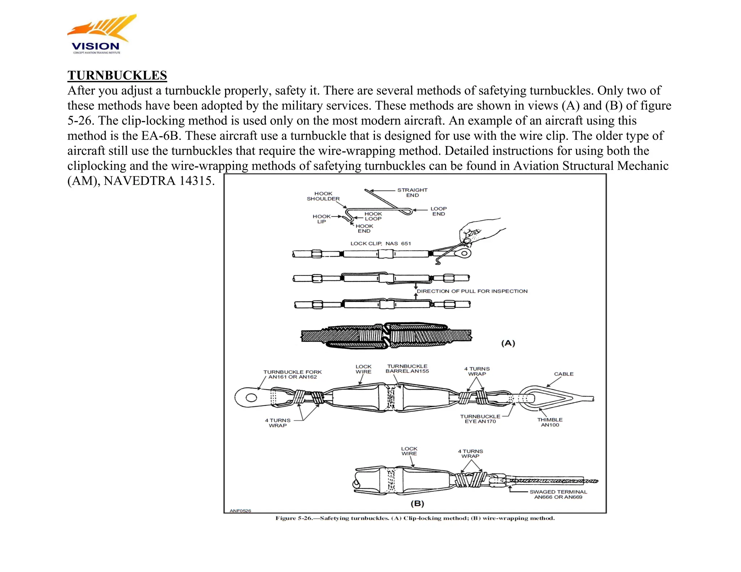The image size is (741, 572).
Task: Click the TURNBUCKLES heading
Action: [x=117, y=75]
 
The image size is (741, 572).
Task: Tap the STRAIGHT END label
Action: [x=412, y=192]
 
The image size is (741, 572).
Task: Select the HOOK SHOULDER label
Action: [x=323, y=196]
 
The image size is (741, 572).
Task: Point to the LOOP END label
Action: [x=439, y=211]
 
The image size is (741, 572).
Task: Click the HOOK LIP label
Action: [x=321, y=219]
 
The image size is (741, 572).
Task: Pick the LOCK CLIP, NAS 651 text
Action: [x=381, y=243]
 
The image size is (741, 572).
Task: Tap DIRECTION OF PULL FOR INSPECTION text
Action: [x=472, y=291]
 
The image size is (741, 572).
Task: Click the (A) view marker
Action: [x=508, y=343]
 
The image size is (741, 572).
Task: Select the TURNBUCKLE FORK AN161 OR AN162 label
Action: [x=292, y=374]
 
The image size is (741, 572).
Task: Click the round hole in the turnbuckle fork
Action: [x=251, y=398]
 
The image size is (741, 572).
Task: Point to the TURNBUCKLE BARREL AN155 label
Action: [x=407, y=368]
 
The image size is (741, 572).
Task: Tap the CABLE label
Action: [x=563, y=374]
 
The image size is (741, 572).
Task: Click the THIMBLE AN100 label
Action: [x=550, y=422]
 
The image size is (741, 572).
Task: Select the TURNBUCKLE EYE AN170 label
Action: [x=480, y=419]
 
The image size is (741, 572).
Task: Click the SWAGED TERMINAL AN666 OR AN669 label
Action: [x=558, y=494]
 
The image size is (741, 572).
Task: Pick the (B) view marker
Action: [x=417, y=503]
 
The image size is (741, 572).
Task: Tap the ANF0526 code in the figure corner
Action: [x=240, y=511]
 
